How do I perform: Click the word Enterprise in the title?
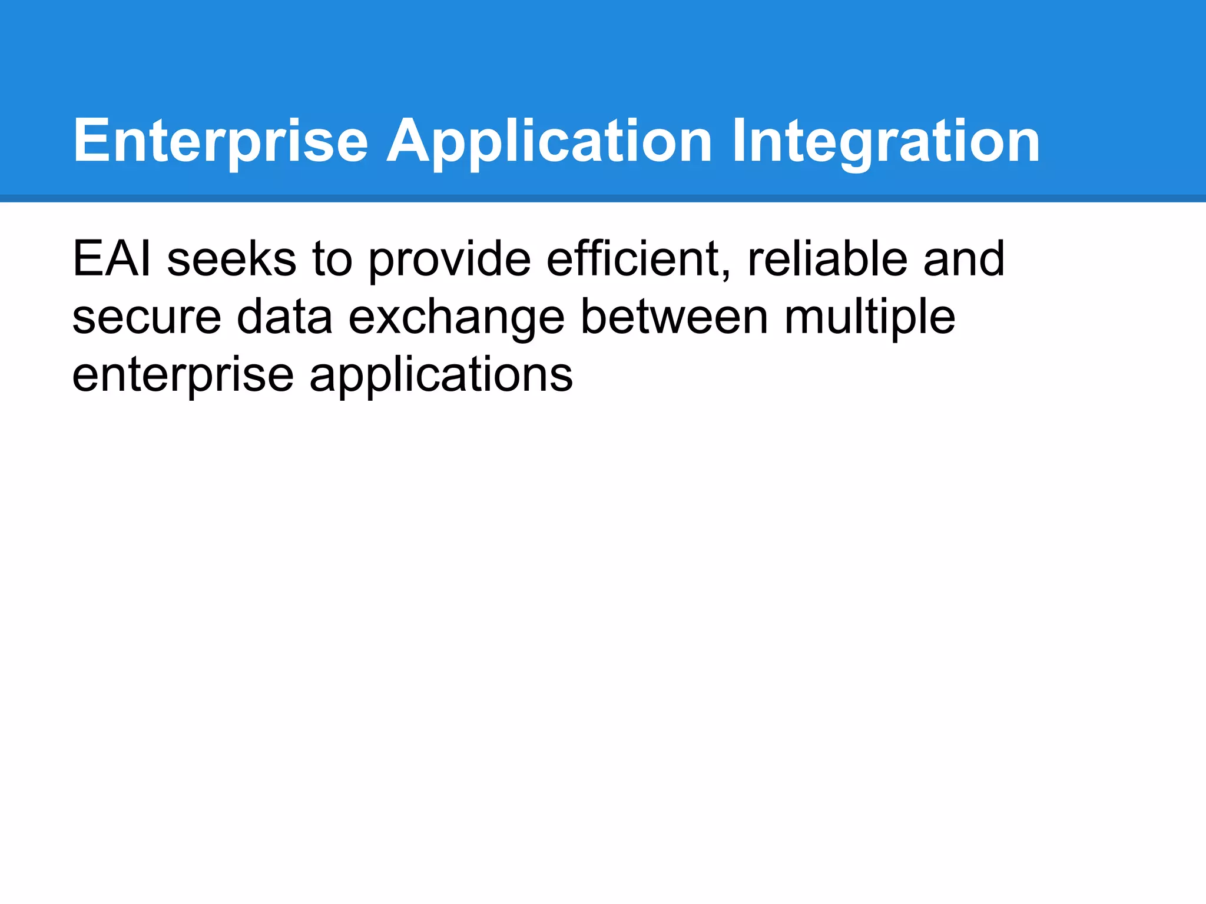tap(220, 141)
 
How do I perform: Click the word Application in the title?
tap(549, 141)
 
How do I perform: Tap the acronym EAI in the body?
tap(111, 259)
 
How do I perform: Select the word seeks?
tap(231, 259)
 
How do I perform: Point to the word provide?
tap(449, 259)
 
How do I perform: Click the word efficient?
tap(633, 259)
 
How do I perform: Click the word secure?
tap(147, 317)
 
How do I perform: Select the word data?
tap(284, 317)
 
